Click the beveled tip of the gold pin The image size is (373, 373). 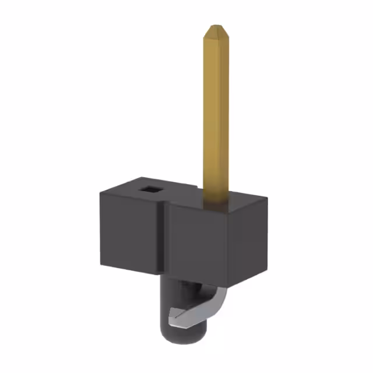click(x=216, y=29)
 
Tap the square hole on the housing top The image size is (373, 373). click(x=150, y=189)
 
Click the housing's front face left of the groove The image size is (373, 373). click(x=129, y=233)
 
